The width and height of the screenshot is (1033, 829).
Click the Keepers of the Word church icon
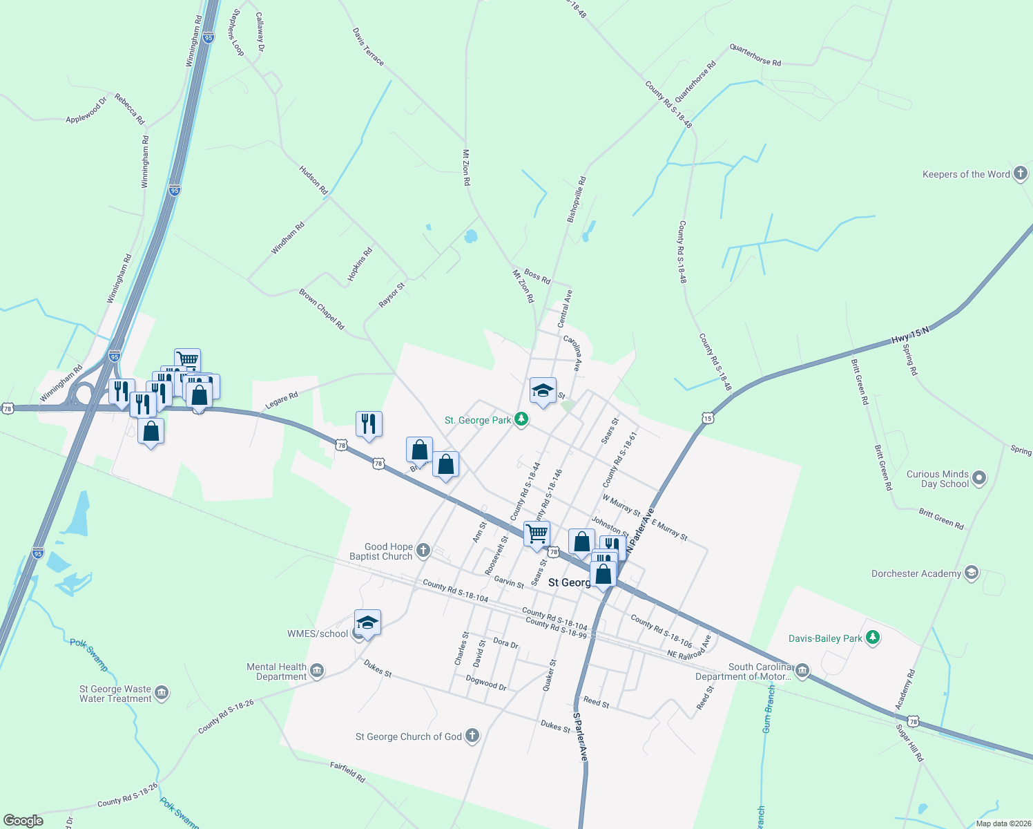(1021, 174)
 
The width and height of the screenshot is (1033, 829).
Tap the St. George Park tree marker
(521, 419)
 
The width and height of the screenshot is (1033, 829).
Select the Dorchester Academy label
(916, 573)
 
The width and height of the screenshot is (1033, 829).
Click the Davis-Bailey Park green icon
(873, 638)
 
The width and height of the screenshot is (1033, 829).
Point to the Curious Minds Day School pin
(979, 477)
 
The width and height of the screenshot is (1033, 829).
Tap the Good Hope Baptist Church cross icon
(423, 551)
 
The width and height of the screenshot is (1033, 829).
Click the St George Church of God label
(408, 736)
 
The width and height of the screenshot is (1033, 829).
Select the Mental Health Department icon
(317, 671)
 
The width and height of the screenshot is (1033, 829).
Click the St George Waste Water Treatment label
(115, 694)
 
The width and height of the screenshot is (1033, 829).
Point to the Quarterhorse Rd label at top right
(755, 56)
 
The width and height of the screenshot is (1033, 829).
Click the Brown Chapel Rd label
(321, 309)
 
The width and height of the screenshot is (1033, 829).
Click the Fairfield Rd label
(347, 771)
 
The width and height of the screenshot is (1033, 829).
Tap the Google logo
(23, 820)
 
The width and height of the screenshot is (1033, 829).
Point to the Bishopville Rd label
(577, 199)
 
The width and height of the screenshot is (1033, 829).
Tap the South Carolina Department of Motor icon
(802, 671)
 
